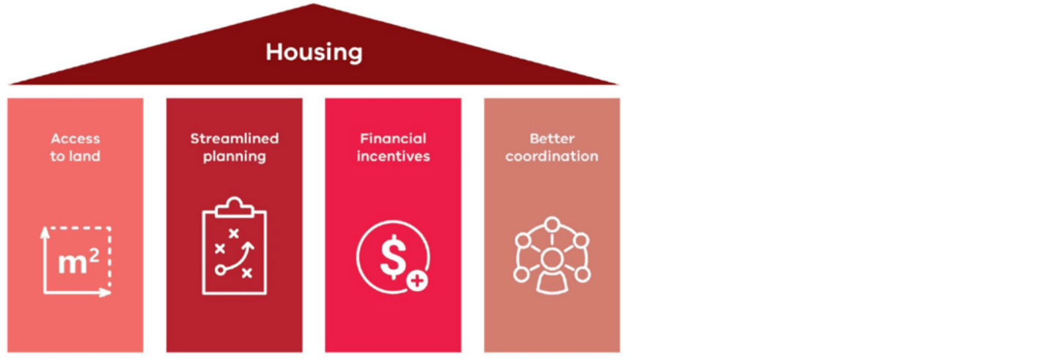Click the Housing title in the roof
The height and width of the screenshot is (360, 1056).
(314, 53)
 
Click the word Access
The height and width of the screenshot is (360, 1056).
(76, 139)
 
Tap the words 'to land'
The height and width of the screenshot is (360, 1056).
(76, 156)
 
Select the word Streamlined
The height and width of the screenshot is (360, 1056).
(235, 139)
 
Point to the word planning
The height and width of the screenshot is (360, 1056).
(235, 157)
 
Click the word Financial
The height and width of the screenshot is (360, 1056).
(393, 139)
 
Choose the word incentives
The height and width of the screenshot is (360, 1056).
(393, 156)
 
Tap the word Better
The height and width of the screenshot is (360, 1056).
(551, 139)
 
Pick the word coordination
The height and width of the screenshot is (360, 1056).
(551, 156)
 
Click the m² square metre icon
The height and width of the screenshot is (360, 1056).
(78, 261)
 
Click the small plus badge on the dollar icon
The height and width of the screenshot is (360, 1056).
(418, 282)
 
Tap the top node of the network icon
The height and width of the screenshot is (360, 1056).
(551, 224)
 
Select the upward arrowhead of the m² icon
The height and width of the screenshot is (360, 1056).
(45, 231)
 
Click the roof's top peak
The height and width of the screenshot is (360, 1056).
(314, 6)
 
